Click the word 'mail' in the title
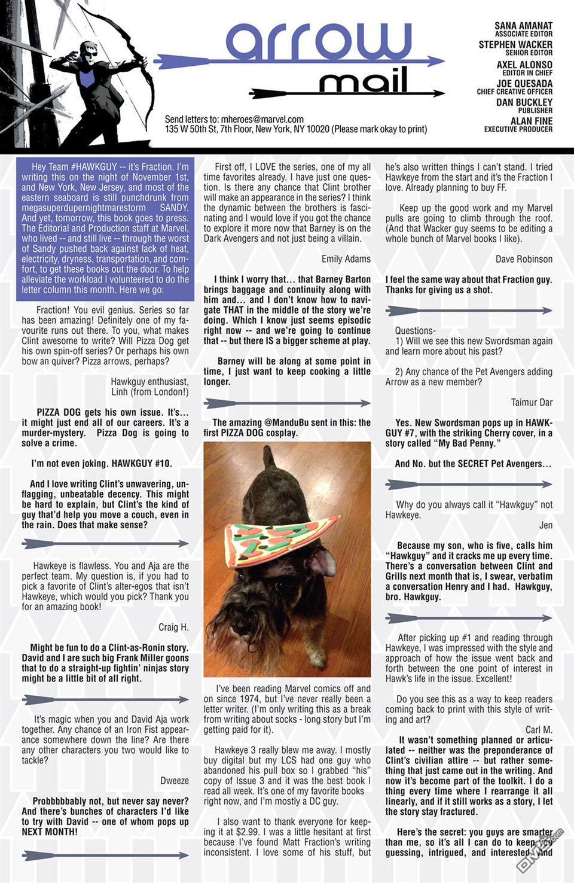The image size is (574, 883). (363, 80)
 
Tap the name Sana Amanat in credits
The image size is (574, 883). (523, 26)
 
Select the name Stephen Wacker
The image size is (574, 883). (515, 45)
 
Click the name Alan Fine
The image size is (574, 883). (531, 121)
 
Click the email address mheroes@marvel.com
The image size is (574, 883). (262, 119)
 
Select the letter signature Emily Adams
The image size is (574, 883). (346, 259)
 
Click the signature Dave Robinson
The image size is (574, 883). (524, 259)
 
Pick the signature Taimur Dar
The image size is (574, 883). (532, 403)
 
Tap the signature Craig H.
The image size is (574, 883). (173, 627)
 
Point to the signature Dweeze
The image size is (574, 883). (175, 781)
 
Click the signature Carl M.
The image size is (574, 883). (538, 730)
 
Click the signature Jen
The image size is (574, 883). (545, 525)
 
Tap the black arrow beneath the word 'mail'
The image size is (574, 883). (347, 94)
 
